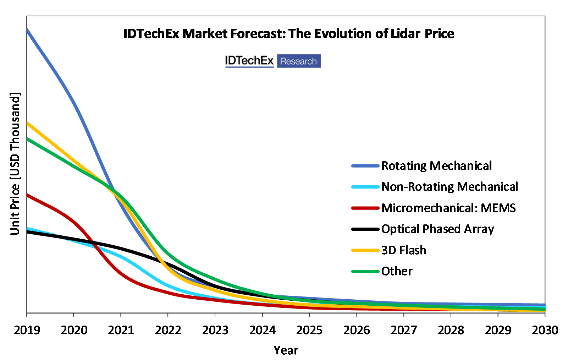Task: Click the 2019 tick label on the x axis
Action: click(27, 330)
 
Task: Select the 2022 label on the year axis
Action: click(168, 330)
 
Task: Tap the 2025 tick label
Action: click(309, 330)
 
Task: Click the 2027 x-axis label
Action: click(404, 330)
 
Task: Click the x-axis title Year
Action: click(286, 350)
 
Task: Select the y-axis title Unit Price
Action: click(15, 164)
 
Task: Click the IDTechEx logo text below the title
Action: click(249, 61)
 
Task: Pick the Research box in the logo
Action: click(299, 61)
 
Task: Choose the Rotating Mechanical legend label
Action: click(436, 166)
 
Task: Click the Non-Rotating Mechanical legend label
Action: click(450, 187)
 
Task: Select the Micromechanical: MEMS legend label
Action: click(448, 208)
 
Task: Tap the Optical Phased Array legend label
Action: click(437, 229)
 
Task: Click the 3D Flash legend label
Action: click(404, 250)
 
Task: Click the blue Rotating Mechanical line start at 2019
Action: click(27, 30)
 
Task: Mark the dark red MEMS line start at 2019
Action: click(27, 195)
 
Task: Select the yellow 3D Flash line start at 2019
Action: click(27, 123)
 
